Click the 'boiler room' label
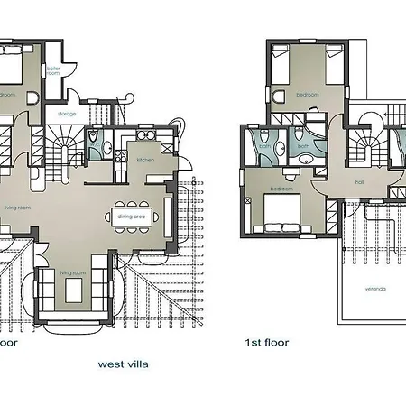[x=53, y=69]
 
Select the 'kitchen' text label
[x=146, y=160]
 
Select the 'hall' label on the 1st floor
[x=358, y=182]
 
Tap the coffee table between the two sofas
[x=71, y=289]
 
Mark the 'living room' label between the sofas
[x=72, y=272]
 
